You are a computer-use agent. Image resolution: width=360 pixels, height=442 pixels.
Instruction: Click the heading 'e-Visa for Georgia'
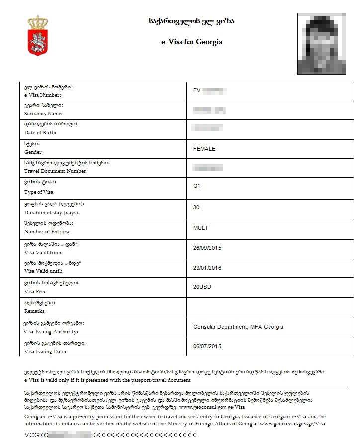tap(191, 42)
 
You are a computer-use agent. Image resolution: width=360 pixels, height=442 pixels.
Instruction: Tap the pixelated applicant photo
tap(325, 44)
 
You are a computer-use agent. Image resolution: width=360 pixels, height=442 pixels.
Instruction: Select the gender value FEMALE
tap(204, 149)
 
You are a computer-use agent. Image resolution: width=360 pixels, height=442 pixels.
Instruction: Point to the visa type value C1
tap(197, 186)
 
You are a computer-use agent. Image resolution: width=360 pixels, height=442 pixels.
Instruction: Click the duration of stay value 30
tap(197, 207)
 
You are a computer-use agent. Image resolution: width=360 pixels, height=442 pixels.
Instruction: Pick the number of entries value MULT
tap(201, 228)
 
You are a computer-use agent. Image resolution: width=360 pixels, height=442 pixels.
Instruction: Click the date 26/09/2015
tap(207, 248)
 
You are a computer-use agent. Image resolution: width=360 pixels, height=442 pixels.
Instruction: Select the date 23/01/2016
tap(207, 268)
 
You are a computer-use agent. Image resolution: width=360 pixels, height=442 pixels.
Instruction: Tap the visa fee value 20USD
tap(203, 287)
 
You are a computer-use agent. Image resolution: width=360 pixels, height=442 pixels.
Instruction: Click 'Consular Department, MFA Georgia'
tap(238, 327)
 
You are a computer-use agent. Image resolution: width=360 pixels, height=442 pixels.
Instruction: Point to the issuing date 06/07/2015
tap(207, 346)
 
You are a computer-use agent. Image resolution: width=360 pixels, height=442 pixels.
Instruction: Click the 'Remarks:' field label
tap(35, 311)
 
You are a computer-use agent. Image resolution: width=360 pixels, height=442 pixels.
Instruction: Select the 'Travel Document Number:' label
tap(56, 171)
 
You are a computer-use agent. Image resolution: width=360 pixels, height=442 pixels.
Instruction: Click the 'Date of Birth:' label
tap(40, 133)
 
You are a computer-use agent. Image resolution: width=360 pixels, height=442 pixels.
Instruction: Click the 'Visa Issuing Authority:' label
tap(51, 331)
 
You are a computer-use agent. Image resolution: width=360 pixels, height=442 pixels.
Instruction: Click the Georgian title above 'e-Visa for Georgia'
tap(191, 21)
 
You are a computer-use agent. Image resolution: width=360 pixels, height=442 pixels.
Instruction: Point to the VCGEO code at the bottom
tap(37, 435)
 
